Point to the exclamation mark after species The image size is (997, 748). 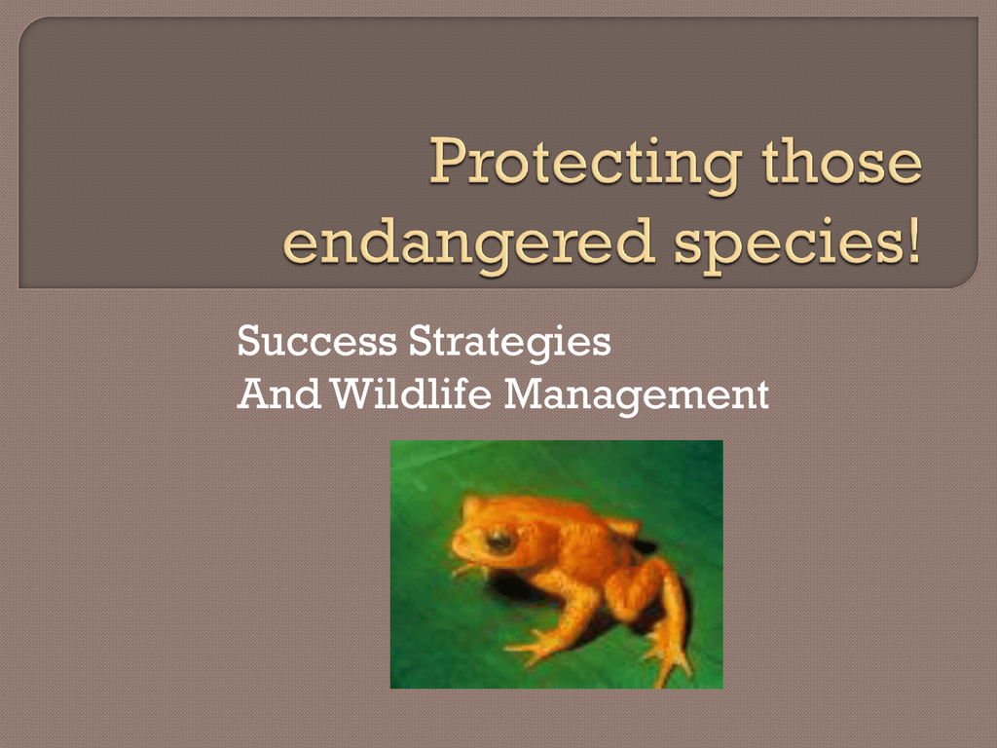pos(913,240)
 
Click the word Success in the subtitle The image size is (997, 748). pos(316,342)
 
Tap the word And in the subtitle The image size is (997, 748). pos(278,394)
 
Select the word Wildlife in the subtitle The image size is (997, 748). pos(412,393)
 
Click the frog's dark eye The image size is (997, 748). pos(499,542)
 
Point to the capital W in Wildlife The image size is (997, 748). pos(354,394)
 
